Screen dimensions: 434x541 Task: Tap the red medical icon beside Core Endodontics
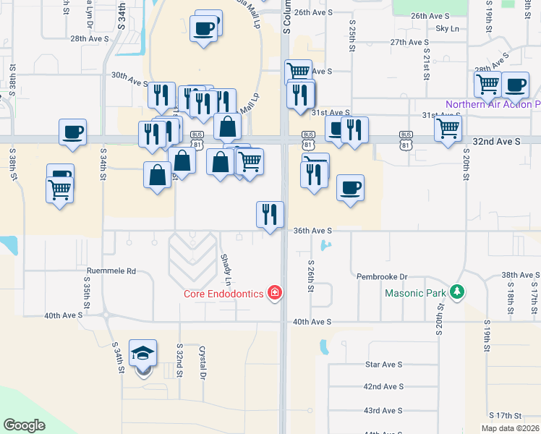[275, 293]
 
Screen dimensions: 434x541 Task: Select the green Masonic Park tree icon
[456, 292]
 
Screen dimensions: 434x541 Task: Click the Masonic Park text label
[416, 294]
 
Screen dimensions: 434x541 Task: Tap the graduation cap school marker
[143, 354]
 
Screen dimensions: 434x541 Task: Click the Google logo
[24, 425]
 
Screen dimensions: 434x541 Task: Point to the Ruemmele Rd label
[111, 271]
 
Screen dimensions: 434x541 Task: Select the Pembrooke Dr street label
[383, 277]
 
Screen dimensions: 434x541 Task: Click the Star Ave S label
[383, 365]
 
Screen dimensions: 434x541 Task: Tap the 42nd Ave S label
[383, 387]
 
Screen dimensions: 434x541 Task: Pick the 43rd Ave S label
[383, 410]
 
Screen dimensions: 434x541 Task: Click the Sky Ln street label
[448, 28]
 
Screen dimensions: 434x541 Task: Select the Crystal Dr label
[203, 361]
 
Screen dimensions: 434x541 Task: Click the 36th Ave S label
[312, 231]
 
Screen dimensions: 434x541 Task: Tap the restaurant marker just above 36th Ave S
[270, 215]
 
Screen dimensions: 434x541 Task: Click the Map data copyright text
[510, 428]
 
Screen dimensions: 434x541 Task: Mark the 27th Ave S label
[410, 43]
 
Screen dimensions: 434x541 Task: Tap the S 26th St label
[311, 276]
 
